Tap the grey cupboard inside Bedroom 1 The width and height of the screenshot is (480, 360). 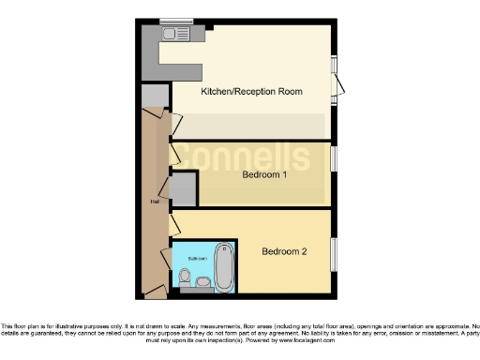point(184,189)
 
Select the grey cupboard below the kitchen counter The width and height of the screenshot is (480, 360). point(155,96)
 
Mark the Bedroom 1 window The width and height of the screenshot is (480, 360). point(333,157)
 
